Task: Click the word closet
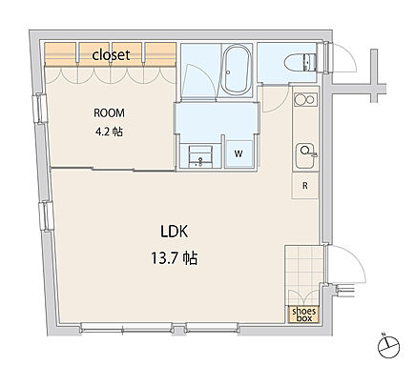(111, 55)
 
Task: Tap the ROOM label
(109, 112)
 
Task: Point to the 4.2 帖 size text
(109, 132)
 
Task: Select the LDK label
(175, 232)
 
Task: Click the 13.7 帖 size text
(174, 258)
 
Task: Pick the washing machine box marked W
(239, 153)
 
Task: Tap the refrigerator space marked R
(305, 186)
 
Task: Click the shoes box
(304, 315)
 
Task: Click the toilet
(301, 63)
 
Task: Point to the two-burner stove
(305, 100)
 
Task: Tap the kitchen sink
(305, 156)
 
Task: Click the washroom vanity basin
(200, 156)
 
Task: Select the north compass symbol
(388, 345)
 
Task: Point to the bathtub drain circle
(228, 72)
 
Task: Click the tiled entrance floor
(303, 274)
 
